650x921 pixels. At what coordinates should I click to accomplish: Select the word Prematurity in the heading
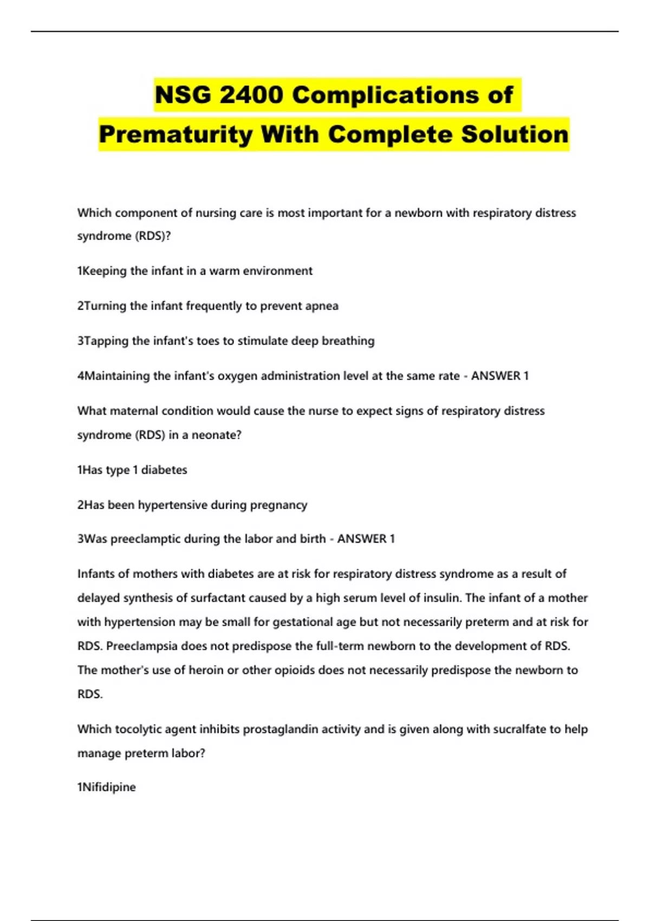tap(175, 134)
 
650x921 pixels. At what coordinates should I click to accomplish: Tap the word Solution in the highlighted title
tap(515, 134)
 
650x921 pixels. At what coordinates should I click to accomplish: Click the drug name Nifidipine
tap(108, 787)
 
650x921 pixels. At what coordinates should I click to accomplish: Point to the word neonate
tap(216, 435)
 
